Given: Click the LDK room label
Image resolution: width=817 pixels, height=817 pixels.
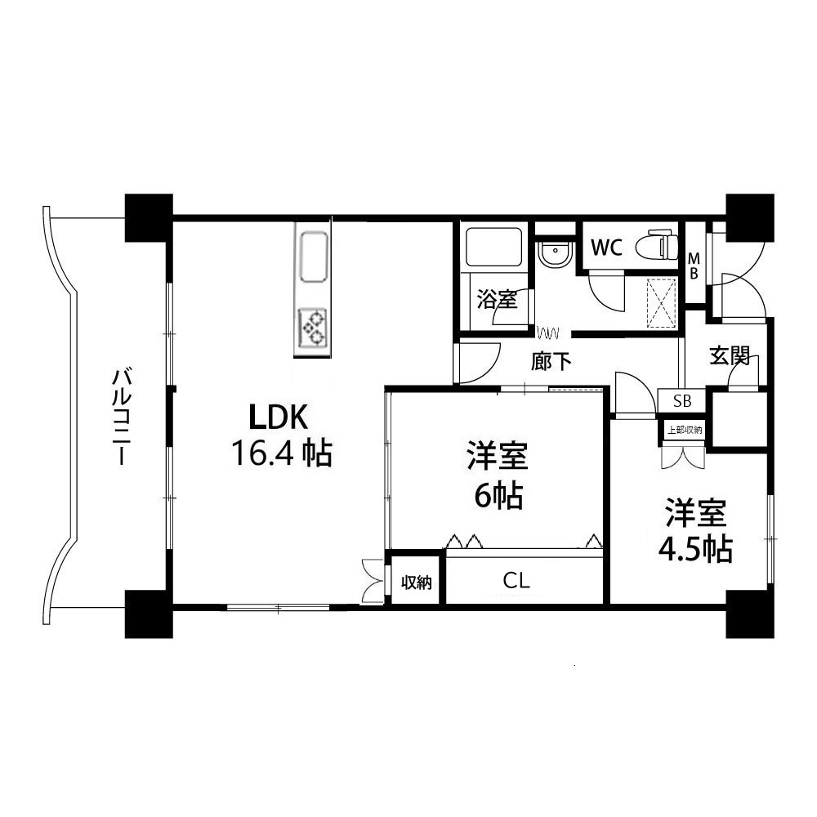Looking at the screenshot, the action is coord(279,417).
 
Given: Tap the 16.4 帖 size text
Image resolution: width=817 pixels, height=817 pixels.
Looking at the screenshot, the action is coord(282,453).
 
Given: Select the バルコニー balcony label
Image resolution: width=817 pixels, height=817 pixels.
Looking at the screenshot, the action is coord(122,417).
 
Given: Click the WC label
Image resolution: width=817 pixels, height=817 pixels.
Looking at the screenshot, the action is coord(606,248).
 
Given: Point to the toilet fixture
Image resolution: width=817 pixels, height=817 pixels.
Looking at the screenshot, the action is coord(658,244).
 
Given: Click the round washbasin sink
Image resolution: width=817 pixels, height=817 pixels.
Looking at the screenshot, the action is coord(556,255).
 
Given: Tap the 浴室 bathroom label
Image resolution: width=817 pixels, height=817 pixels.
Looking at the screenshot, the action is coord(497,300).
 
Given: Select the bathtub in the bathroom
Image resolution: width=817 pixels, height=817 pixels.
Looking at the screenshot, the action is coord(494,247).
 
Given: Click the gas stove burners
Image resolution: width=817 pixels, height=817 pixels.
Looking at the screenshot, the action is coord(313,328).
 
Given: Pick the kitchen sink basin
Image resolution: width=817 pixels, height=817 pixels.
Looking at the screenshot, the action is coord(313,257).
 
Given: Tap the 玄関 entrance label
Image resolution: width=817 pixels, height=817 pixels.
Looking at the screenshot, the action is coord(730,356).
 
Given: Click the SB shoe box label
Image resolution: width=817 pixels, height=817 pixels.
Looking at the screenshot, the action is coord(682,401).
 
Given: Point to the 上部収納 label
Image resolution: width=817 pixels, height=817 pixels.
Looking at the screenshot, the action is coord(685,430).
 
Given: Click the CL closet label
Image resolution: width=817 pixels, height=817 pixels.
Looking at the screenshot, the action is coord(516,580).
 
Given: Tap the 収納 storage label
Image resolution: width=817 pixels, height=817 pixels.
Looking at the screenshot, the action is coord(417,582).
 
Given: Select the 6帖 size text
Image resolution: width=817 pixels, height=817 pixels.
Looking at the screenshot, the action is coord(498,496).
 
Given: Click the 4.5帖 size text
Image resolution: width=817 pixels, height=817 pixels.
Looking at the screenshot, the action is coord(695,549).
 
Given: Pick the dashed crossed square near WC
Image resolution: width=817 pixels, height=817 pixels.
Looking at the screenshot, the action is coord(661,303).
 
